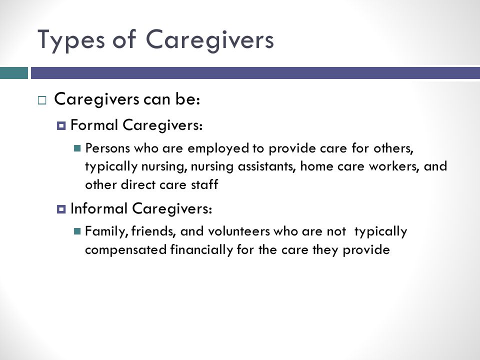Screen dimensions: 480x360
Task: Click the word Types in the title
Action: point(71,40)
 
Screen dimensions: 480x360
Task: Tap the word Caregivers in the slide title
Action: point(209,40)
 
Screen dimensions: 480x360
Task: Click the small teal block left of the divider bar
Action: point(14,73)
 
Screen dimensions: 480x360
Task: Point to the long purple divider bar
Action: point(255,73)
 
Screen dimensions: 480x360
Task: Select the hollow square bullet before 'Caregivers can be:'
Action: point(42,100)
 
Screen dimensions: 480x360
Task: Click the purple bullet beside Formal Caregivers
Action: point(61,125)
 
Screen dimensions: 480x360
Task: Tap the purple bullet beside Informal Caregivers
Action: point(61,209)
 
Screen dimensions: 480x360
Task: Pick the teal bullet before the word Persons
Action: point(77,148)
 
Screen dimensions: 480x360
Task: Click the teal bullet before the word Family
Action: point(77,231)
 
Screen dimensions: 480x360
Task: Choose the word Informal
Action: point(99,208)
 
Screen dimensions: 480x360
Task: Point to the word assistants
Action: point(267,166)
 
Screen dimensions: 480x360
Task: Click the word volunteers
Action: point(239,231)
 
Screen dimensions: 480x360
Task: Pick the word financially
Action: point(201,250)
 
